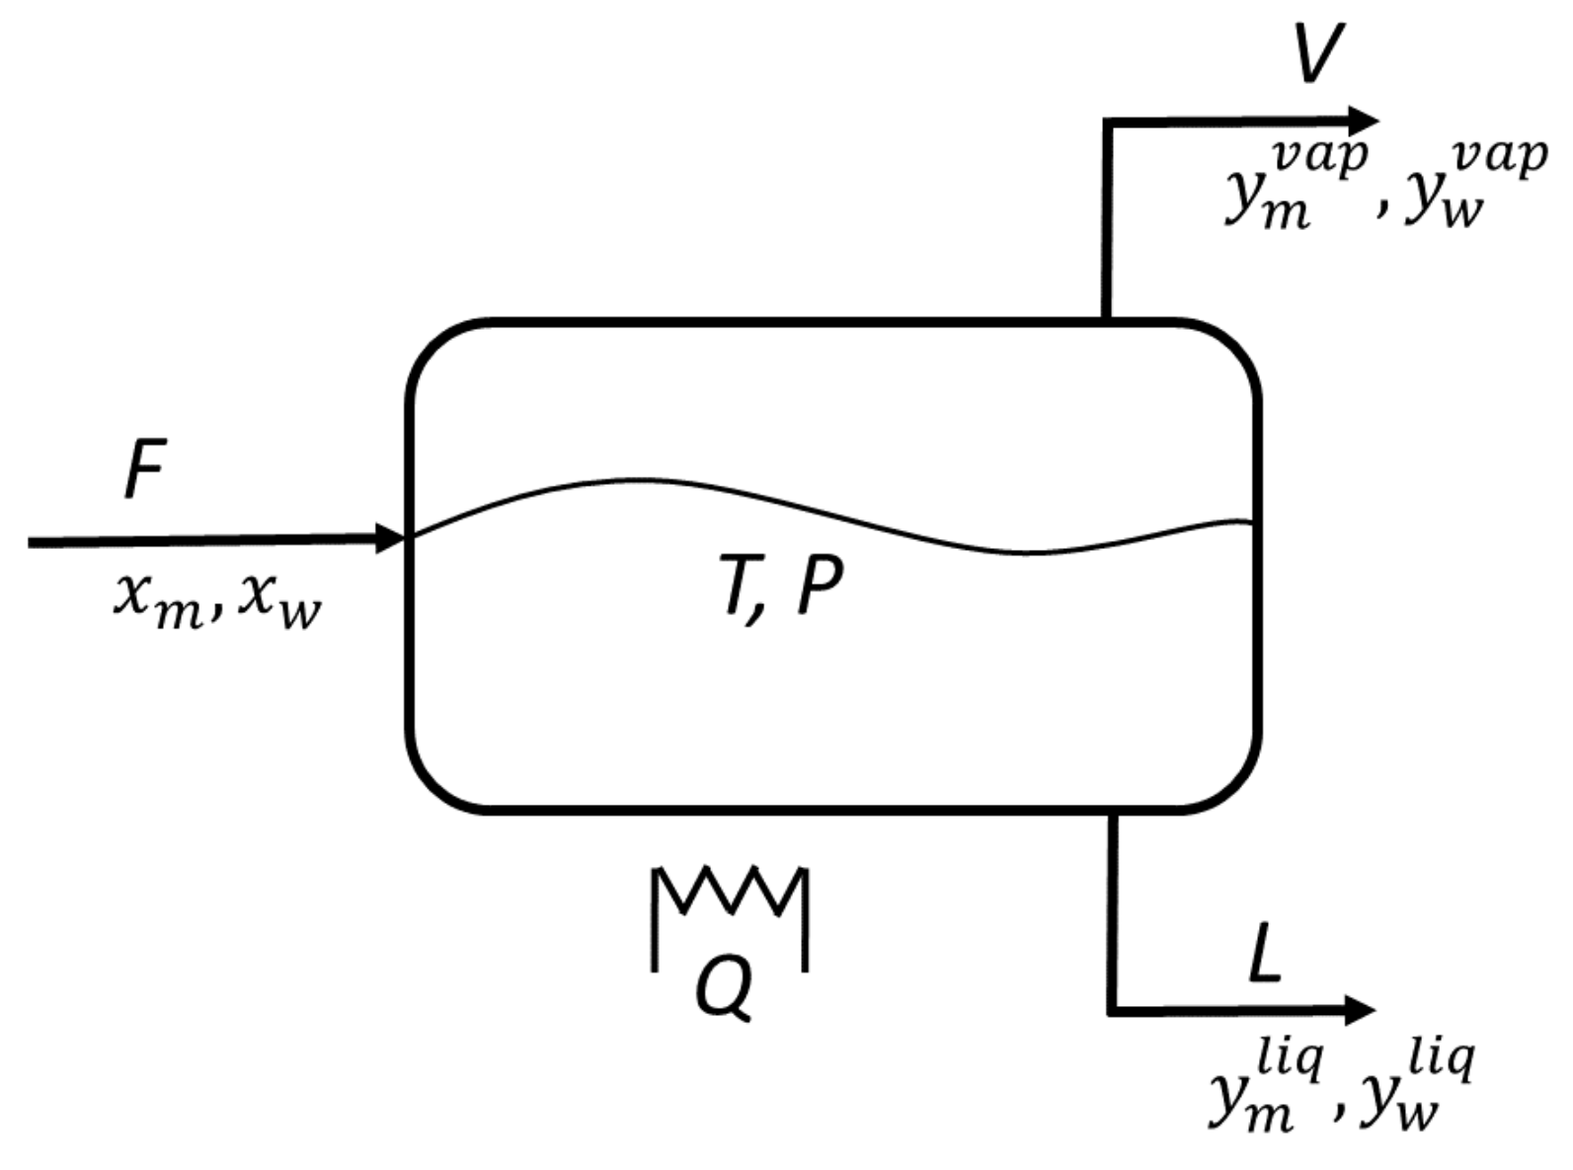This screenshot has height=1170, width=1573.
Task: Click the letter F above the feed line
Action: coord(145,472)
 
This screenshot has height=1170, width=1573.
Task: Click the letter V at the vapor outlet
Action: coord(1319,54)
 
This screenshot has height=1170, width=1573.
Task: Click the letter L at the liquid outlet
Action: coord(1265,956)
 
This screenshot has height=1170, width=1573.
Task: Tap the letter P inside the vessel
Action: coord(819,590)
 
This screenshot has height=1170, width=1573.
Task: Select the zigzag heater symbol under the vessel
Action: coord(730,894)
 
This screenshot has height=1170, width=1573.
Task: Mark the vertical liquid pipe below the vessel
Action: coord(1113,908)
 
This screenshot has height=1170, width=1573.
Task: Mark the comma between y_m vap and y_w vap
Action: coord(1380,209)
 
